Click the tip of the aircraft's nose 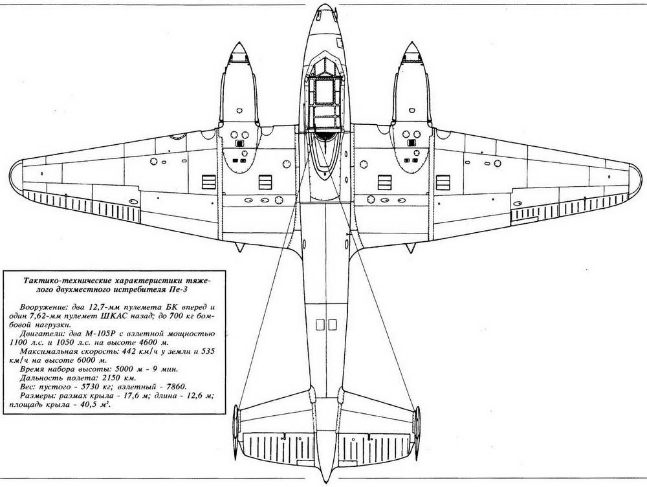(323, 8)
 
